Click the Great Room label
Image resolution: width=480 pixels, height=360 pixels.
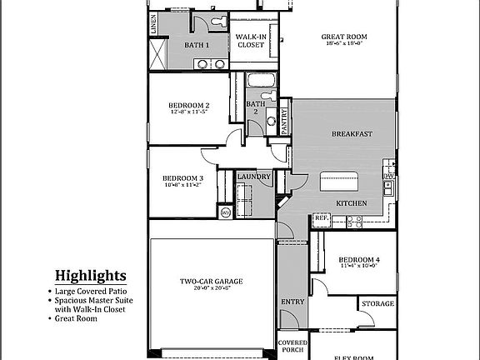click(x=345, y=37)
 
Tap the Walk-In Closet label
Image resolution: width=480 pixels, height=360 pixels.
click(x=251, y=40)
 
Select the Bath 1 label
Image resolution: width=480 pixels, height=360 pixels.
click(x=197, y=44)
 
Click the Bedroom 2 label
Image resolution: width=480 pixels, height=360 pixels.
click(x=188, y=105)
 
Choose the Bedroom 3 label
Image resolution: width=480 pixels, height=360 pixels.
click(x=182, y=178)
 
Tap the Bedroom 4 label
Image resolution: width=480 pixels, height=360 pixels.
click(x=359, y=261)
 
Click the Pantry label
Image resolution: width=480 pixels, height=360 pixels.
click(x=284, y=122)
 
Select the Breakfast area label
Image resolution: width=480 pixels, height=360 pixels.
click(x=352, y=134)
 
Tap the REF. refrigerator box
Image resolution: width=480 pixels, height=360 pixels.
click(x=321, y=219)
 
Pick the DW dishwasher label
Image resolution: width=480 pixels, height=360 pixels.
click(x=389, y=177)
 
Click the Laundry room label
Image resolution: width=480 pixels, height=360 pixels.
click(x=253, y=177)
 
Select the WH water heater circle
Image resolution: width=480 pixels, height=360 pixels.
click(x=225, y=212)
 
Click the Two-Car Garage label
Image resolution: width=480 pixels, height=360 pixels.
click(x=212, y=282)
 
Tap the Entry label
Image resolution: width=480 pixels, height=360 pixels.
click(x=292, y=302)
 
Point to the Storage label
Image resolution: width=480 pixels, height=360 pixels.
click(x=377, y=304)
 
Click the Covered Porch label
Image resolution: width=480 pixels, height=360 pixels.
click(x=292, y=346)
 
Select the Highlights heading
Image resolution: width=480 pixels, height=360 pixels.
click(x=91, y=276)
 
